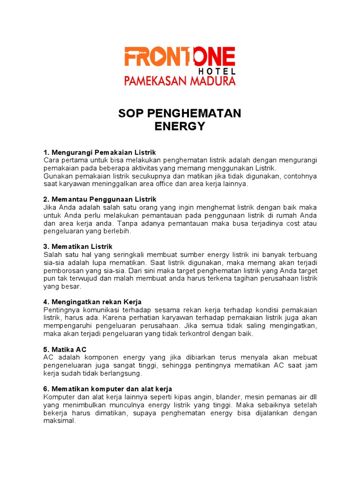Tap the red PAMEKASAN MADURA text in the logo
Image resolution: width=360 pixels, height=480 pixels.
pos(180,81)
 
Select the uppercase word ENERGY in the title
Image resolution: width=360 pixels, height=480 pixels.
pos(180,126)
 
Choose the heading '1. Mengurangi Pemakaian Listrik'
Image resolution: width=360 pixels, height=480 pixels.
pos(99,153)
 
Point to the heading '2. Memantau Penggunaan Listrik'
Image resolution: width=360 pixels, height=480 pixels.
pos(100,200)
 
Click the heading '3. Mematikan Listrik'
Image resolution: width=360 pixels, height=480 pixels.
pos(78,247)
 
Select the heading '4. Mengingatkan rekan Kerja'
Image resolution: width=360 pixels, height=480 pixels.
pos(92,302)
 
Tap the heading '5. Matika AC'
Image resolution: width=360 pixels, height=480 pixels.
pos(65,350)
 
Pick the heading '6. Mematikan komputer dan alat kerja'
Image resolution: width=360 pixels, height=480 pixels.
pos(108,389)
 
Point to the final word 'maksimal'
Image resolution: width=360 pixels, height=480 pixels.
pos(59,421)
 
